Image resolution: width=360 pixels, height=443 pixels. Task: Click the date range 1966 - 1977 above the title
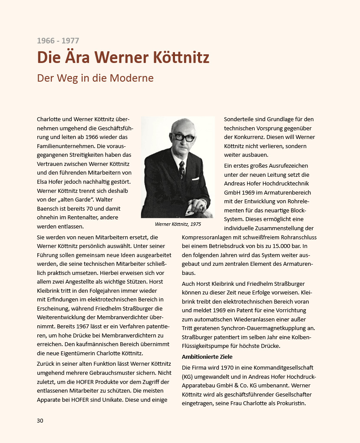pyautogui.click(x=58, y=41)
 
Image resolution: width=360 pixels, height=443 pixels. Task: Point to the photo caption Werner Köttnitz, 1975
pyautogui.click(x=178, y=225)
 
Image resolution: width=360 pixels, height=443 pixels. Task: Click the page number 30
pyautogui.click(x=40, y=420)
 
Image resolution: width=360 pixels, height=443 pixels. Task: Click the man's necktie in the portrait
pyautogui.click(x=182, y=167)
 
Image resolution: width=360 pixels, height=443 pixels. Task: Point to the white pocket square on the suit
pyautogui.click(x=195, y=179)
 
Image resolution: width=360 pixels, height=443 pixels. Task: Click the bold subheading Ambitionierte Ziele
pyautogui.click(x=207, y=357)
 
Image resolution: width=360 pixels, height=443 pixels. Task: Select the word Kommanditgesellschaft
pyautogui.click(x=282, y=368)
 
